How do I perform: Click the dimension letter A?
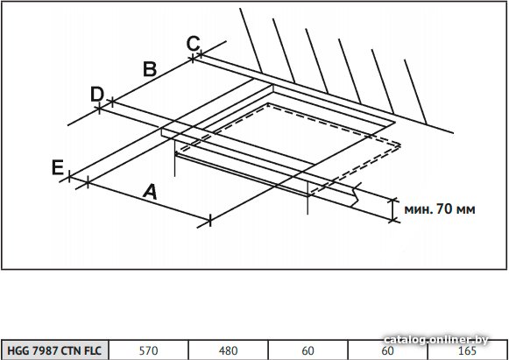pyautogui.click(x=150, y=192)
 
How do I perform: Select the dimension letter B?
pyautogui.click(x=150, y=69)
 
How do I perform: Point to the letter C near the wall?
pyautogui.click(x=194, y=44)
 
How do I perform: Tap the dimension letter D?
pyautogui.click(x=97, y=94)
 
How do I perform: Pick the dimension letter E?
pyautogui.click(x=58, y=168)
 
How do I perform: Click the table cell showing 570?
pyautogui.click(x=148, y=350)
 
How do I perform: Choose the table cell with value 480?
pyautogui.click(x=228, y=350)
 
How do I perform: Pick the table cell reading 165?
pyautogui.click(x=468, y=350)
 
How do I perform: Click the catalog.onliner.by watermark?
pyautogui.click(x=436, y=340)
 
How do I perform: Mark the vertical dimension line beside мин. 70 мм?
pyautogui.click(x=393, y=209)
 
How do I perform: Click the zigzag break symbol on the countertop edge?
pyautogui.click(x=357, y=194)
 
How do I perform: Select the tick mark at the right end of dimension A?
pyautogui.click(x=210, y=221)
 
